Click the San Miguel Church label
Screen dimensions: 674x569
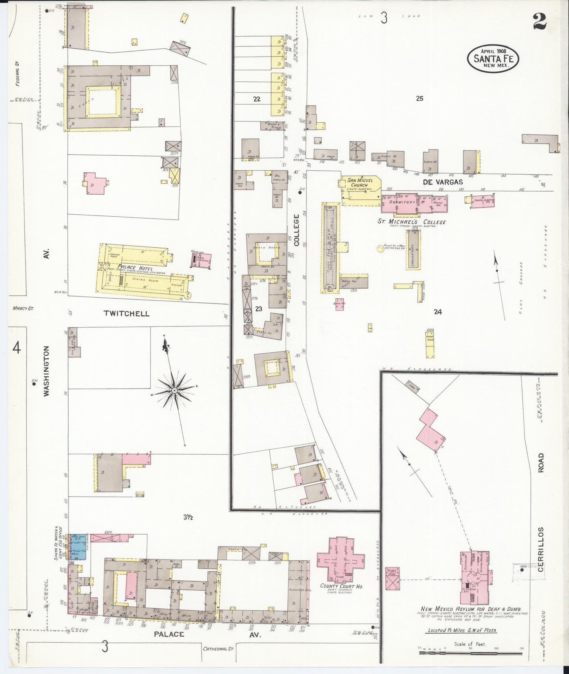point(357,182)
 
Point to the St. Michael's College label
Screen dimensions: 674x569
point(411,222)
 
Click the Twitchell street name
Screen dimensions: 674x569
point(126,313)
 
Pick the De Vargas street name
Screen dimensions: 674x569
point(443,182)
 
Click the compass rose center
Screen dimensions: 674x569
point(174,390)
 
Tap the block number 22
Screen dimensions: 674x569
point(257,99)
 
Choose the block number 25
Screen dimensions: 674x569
point(419,99)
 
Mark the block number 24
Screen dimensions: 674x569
point(437,312)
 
